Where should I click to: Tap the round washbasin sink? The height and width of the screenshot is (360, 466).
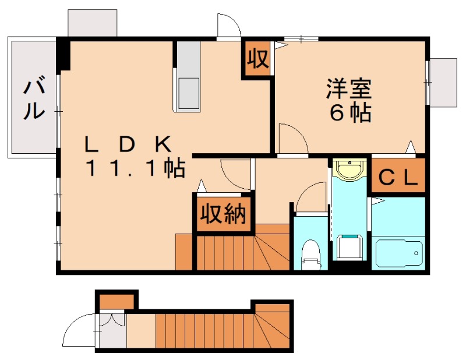(x=349, y=171)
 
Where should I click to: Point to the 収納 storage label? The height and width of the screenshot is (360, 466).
(x=224, y=214)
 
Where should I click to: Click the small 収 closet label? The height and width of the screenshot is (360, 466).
(x=257, y=58)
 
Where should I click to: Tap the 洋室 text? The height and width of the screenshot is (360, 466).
(x=349, y=89)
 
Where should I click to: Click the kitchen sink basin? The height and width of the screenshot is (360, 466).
(x=188, y=93)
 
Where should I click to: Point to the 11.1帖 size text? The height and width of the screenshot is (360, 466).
(x=135, y=169)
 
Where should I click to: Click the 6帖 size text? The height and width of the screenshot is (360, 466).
(x=350, y=114)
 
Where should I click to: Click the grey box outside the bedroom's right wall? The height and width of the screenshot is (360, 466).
(x=443, y=82)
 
